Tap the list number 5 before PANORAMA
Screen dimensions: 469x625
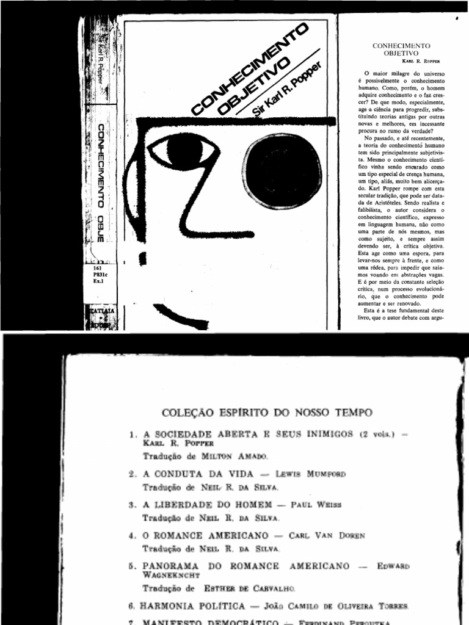[x=133, y=566]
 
